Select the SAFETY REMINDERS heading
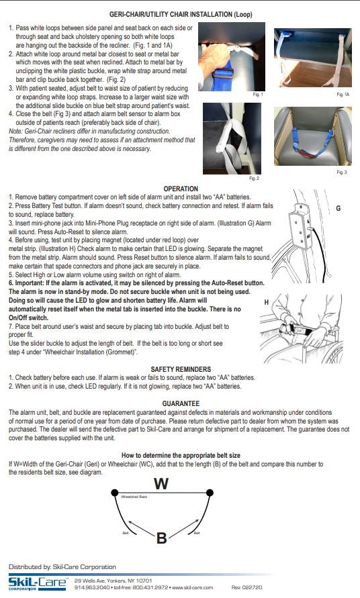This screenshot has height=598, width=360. point(181,369)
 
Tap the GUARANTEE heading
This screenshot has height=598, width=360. point(181,403)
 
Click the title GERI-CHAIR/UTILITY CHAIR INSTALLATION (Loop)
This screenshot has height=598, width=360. point(181,13)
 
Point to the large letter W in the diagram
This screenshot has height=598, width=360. point(161,483)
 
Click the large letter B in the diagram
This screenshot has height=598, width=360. point(161,537)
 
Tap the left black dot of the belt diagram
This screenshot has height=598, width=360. point(114,493)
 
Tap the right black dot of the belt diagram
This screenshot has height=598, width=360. point(210,493)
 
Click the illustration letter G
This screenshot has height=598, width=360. point(338,209)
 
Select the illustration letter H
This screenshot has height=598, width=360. point(267,302)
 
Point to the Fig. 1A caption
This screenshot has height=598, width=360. point(341,95)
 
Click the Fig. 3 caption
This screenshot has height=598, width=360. point(341,172)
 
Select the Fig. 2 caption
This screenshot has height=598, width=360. point(253,179)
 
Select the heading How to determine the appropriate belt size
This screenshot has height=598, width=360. point(181,455)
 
